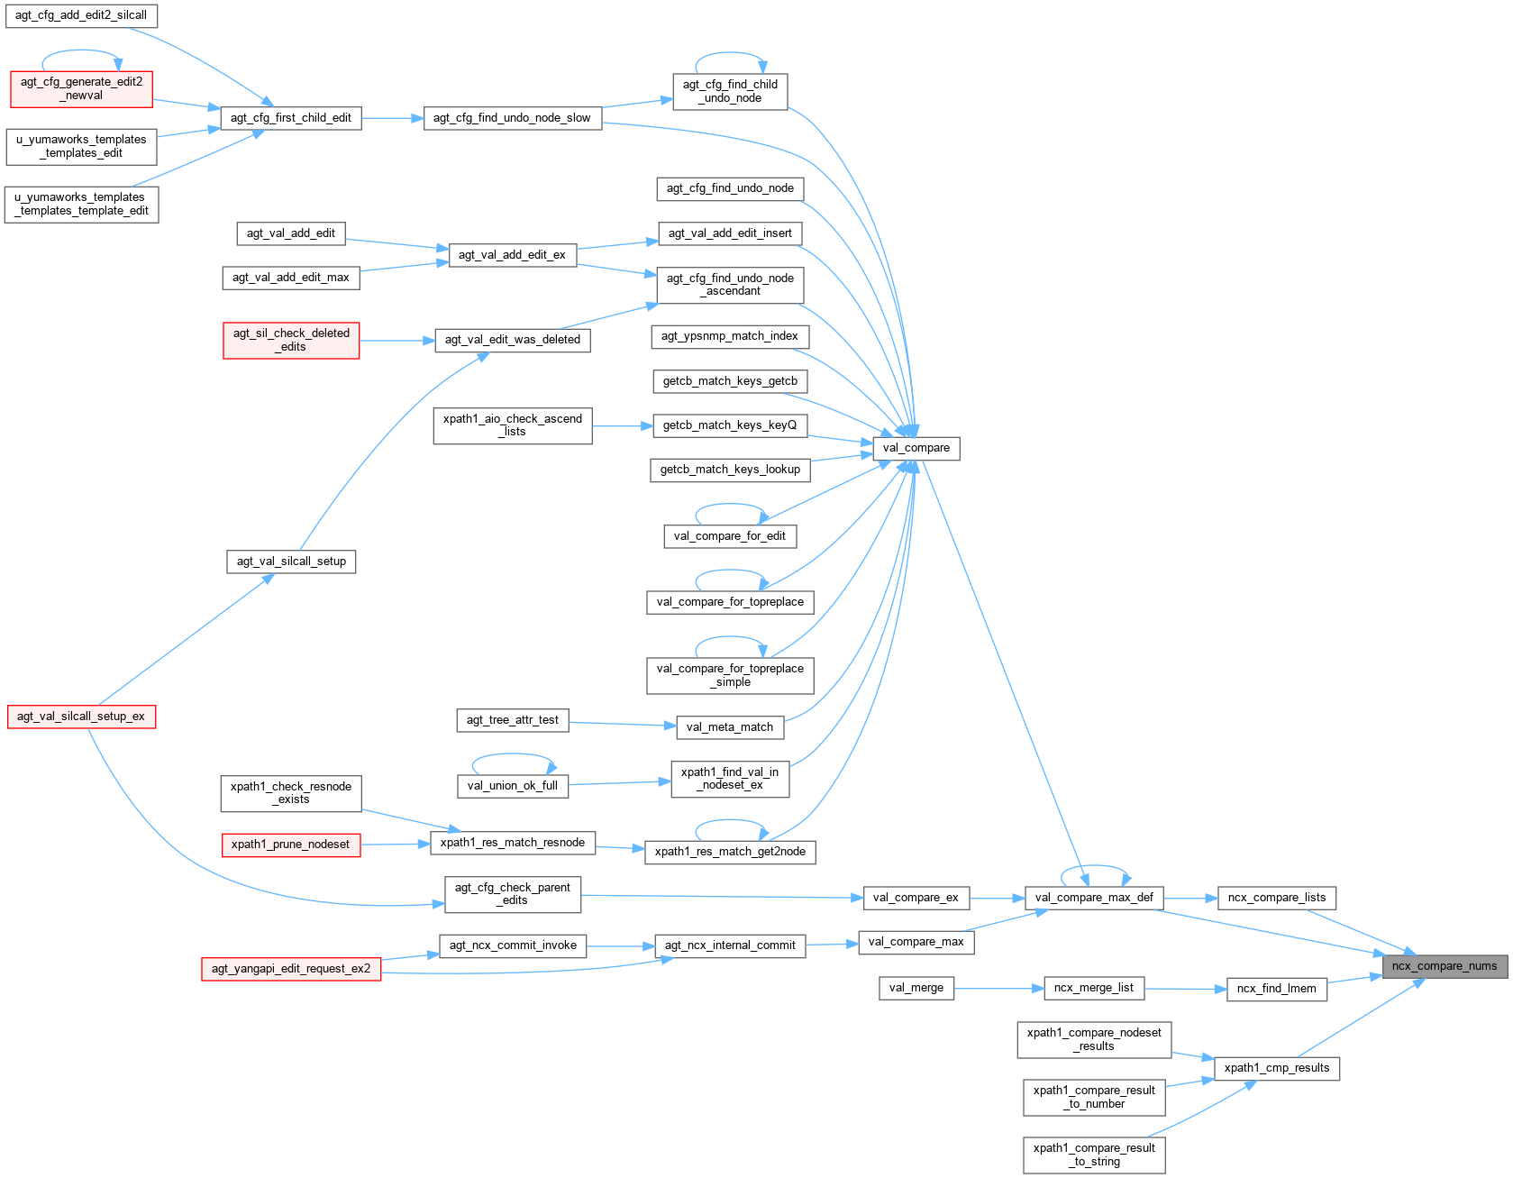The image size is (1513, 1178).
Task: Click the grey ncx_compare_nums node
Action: pos(1445,966)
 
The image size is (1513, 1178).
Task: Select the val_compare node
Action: pos(916,448)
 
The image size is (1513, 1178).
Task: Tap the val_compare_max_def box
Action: pos(1094,898)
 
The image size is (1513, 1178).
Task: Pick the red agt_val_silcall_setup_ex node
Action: pos(81,717)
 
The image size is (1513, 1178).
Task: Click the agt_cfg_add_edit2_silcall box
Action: pos(81,15)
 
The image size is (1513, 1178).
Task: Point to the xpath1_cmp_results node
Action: pos(1276,1068)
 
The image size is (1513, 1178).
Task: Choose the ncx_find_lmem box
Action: pos(1276,989)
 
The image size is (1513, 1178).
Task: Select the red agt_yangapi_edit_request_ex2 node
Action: pos(291,969)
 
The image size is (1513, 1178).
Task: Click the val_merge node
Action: pos(916,988)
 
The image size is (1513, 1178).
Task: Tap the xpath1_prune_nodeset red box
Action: pos(290,845)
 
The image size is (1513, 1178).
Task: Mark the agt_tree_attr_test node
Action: pos(512,720)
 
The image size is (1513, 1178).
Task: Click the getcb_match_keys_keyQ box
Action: pos(729,425)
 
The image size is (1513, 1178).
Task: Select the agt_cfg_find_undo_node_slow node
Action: pos(512,118)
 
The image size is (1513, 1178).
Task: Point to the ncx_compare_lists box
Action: pos(1276,898)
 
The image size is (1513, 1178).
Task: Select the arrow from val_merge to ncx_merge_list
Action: pos(998,989)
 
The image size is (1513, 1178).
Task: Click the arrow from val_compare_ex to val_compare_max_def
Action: pos(997,899)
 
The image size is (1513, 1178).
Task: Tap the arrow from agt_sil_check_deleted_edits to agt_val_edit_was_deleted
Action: pos(396,341)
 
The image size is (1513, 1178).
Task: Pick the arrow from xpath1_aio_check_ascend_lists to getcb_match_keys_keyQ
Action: pos(622,425)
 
